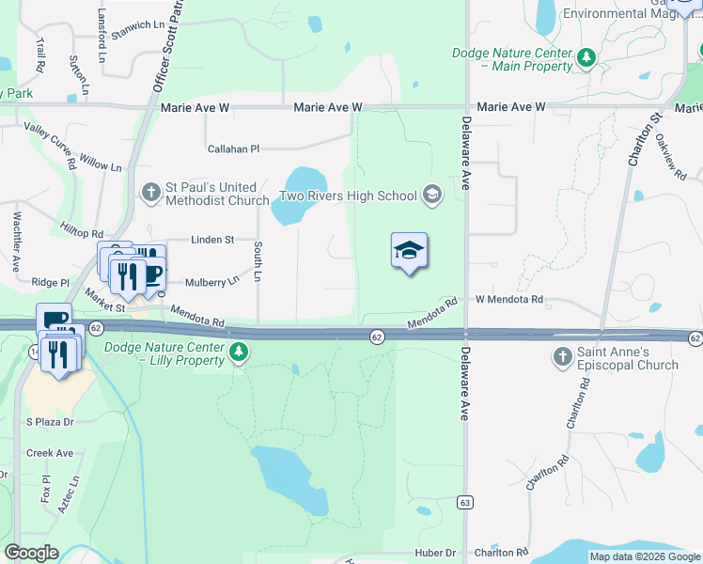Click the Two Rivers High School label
point(349,196)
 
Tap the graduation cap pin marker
point(409,251)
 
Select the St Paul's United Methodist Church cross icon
point(151,193)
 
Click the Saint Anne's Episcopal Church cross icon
point(562,357)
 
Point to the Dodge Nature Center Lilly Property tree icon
point(240,352)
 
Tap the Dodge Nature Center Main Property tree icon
point(586,59)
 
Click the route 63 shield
point(464,503)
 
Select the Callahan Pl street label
point(233,149)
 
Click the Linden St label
point(212,240)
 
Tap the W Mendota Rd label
point(509,300)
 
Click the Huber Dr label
point(437,554)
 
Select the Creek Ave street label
point(50,453)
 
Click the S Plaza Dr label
point(50,422)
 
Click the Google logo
point(32,553)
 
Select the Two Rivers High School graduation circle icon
point(432,196)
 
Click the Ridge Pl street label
point(51,282)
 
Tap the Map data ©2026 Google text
point(644,556)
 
